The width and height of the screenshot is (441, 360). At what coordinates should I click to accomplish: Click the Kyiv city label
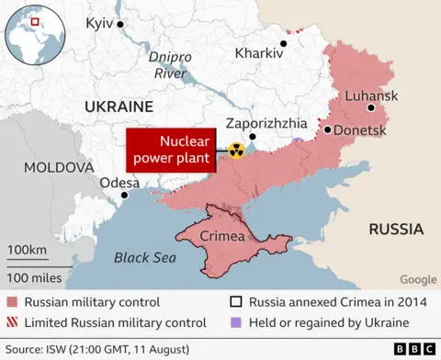98,22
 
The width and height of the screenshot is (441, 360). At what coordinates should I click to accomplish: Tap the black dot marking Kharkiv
284,42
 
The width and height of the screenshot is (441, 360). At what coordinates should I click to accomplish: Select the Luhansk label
370,96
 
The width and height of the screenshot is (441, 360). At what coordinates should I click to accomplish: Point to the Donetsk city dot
327,130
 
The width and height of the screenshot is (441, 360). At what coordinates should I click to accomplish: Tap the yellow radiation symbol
236,150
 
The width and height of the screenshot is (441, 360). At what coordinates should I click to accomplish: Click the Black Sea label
144,258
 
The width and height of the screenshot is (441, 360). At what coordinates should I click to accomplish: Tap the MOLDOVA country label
58,168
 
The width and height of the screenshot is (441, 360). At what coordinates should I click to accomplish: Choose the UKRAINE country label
118,107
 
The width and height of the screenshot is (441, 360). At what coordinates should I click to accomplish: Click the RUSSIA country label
395,229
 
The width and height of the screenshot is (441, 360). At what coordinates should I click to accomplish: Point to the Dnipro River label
171,63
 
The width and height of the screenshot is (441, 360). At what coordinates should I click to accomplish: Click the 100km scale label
27,251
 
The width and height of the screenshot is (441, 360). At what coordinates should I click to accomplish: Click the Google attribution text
418,280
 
